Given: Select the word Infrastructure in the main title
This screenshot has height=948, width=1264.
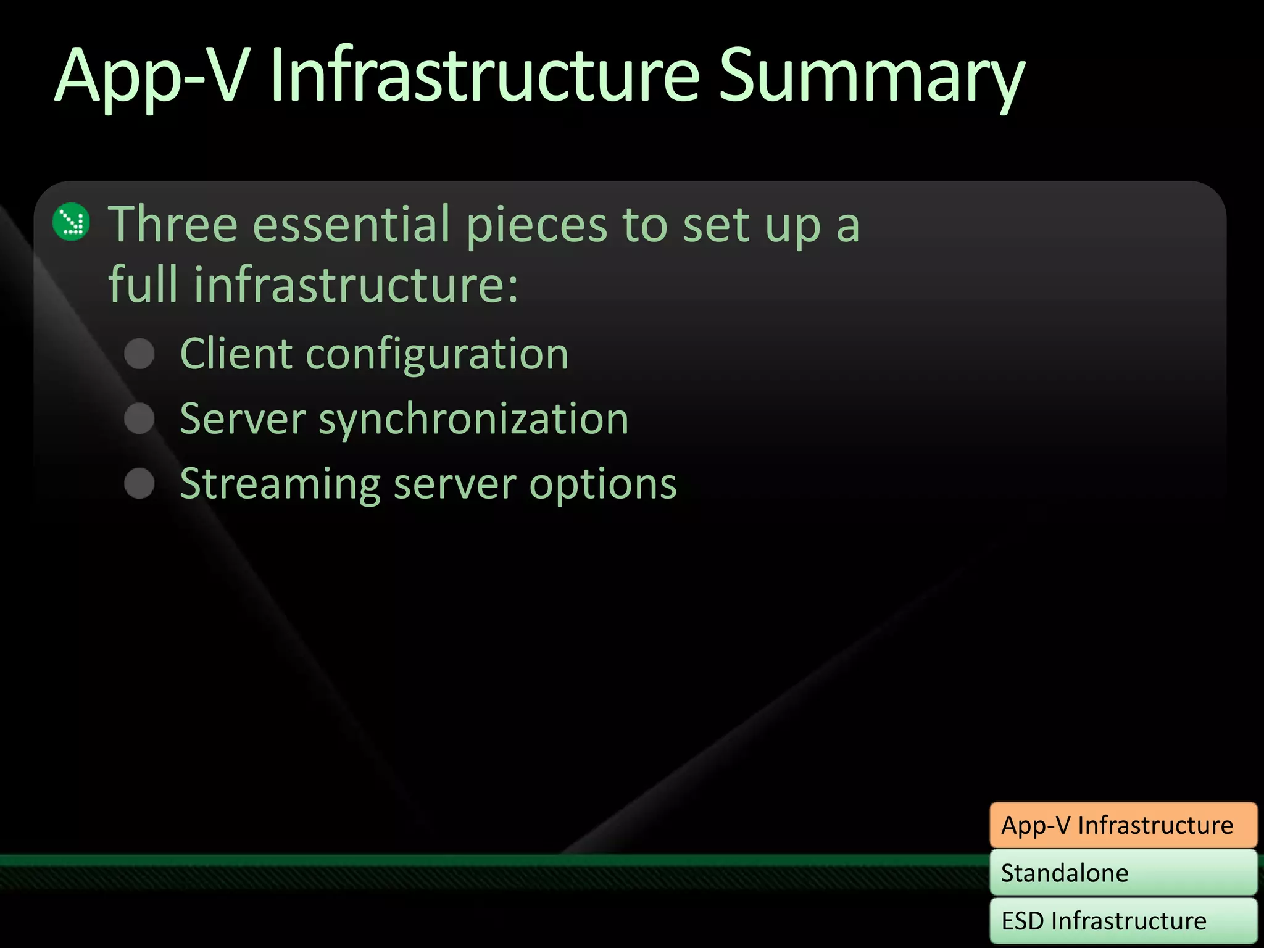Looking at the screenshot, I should click(484, 77).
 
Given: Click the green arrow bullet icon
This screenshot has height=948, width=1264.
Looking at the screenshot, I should click(72, 222).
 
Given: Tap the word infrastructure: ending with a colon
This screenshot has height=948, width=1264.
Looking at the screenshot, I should click(357, 285).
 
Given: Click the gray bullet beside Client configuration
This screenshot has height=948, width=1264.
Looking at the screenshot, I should click(139, 354).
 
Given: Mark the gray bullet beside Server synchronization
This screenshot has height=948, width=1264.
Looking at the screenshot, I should click(139, 418).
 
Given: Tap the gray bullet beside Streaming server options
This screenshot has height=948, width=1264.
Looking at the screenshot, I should click(139, 483).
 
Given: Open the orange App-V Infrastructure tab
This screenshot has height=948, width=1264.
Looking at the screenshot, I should click(1123, 825).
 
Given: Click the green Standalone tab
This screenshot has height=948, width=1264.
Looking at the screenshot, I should click(1123, 873).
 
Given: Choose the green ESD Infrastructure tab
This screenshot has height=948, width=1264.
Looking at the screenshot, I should click(1123, 921).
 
